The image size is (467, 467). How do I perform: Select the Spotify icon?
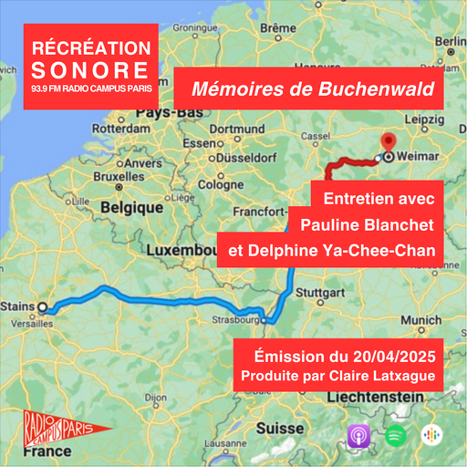395,434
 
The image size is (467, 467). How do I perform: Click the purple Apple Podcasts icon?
359,435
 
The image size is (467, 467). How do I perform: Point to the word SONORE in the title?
88,69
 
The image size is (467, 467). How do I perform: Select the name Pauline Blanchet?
348,222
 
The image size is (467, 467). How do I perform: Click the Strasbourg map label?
232,321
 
